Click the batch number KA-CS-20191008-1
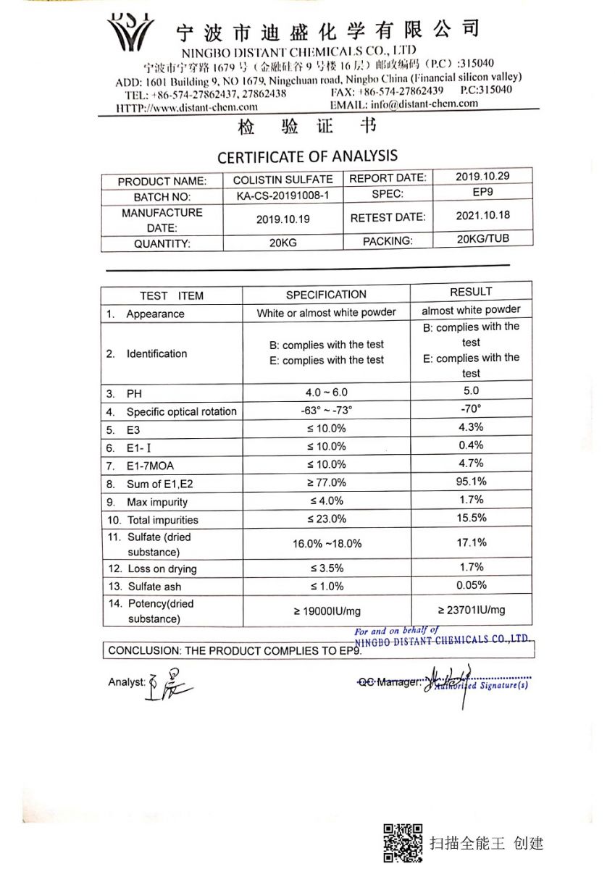point(283,196)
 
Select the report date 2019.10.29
point(483,176)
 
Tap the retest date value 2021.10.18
point(483,215)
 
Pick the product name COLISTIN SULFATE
point(283,180)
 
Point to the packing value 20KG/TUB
point(483,239)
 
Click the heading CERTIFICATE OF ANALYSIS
point(307,156)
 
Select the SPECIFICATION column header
point(326,295)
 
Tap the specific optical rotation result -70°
point(471,409)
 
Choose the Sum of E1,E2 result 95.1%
point(471,482)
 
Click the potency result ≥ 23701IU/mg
point(471,610)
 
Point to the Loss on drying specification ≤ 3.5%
point(327,568)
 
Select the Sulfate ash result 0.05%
point(471,585)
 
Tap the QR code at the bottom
point(403,843)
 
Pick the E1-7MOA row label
point(150,466)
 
